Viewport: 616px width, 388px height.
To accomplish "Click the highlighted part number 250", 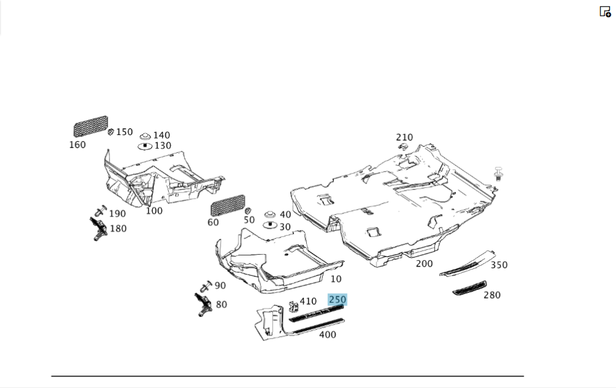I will click(337, 300).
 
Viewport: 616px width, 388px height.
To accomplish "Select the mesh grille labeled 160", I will click(91, 126).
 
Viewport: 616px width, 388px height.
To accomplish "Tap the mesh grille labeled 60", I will click(227, 205).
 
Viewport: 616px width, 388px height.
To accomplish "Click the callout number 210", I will click(405, 137).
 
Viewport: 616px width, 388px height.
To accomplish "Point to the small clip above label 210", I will click(403, 146).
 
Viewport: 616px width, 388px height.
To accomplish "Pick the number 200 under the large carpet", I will click(424, 263).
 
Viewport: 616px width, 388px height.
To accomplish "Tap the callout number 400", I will click(327, 335).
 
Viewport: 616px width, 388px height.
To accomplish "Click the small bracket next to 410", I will click(293, 305).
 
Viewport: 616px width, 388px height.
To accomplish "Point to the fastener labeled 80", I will click(203, 303).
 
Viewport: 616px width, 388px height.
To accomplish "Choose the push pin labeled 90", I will click(206, 286).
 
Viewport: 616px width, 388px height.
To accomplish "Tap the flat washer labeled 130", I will click(145, 146).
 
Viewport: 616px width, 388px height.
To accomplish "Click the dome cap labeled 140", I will click(145, 136).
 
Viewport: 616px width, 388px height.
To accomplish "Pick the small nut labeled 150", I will click(110, 131).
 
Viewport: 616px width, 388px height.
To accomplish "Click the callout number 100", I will click(154, 211).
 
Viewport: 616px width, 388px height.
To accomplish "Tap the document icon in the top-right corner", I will click(605, 12).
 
